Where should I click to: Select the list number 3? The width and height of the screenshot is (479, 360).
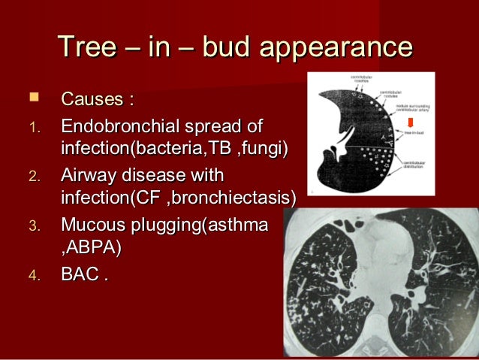(x=32, y=225)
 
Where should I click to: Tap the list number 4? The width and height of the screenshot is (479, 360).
(x=32, y=276)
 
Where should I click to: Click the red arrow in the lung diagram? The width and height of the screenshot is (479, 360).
(x=410, y=123)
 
